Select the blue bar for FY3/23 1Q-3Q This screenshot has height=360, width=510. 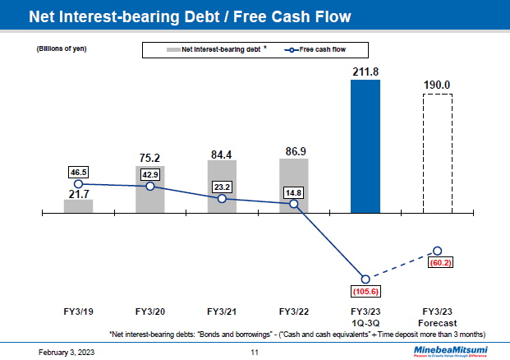point(365,148)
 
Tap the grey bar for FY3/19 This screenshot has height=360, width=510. point(78,206)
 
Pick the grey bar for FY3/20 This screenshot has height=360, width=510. point(149,190)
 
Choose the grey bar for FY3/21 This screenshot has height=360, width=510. point(222,187)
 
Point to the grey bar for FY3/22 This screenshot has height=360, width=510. point(293,186)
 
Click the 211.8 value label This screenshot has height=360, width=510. point(365,72)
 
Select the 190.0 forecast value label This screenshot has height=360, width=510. point(437,84)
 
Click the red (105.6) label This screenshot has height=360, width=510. point(365,291)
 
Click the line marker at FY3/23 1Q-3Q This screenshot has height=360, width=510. point(365,279)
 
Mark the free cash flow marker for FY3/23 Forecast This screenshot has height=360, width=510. point(437,251)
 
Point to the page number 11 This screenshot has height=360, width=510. point(255,352)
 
